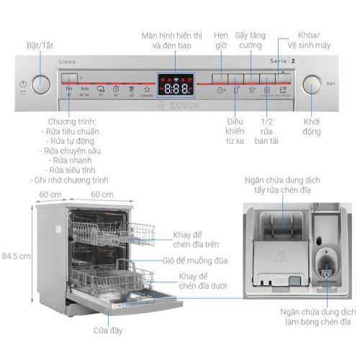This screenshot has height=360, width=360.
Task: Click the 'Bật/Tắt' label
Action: point(40,45)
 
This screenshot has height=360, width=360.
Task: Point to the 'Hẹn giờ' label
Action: point(222,39)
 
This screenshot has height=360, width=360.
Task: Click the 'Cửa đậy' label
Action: point(107,330)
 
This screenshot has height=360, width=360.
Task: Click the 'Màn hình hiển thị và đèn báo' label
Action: point(172,39)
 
